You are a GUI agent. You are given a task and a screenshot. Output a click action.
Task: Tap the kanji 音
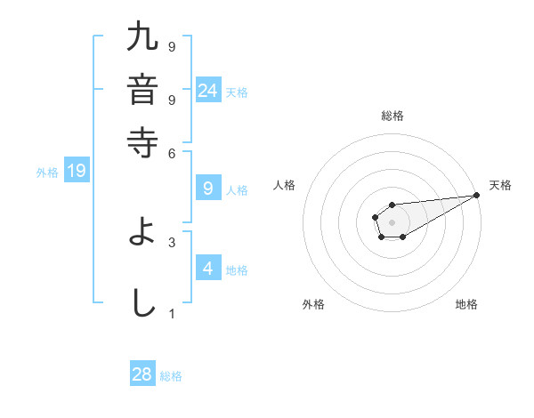coord(143,89)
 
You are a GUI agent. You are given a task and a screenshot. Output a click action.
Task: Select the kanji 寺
coord(143,140)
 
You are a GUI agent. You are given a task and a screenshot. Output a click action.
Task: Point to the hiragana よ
coord(143,232)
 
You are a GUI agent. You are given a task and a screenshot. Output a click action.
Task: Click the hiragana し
coord(143,301)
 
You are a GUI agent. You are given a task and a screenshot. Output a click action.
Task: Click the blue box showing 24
coord(207,90)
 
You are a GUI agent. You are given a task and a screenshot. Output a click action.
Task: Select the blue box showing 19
coord(77,171)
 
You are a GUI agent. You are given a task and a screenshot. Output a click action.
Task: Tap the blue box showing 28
coord(142,374)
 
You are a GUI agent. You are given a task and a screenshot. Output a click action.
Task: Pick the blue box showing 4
coord(207,268)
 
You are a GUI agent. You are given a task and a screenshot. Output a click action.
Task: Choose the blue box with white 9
coord(207,188)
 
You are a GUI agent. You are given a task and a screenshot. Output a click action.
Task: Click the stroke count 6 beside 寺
coord(172,153)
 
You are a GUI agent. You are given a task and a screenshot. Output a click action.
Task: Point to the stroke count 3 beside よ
coord(172,241)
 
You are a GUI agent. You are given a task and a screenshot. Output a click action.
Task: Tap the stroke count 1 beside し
coord(172,313)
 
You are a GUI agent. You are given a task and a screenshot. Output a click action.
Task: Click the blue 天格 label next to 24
coord(237,92)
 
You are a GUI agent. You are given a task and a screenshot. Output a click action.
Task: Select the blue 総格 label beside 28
coord(171,376)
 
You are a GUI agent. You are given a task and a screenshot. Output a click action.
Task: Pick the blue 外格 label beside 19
coord(47,173)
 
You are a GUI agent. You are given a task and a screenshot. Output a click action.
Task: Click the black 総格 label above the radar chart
coord(392,116)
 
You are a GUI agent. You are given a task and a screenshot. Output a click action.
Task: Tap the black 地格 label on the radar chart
coord(466,304)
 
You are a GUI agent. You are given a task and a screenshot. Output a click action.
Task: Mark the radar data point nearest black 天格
coord(477,195)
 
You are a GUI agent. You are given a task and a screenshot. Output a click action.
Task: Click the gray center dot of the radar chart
coord(392,221)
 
